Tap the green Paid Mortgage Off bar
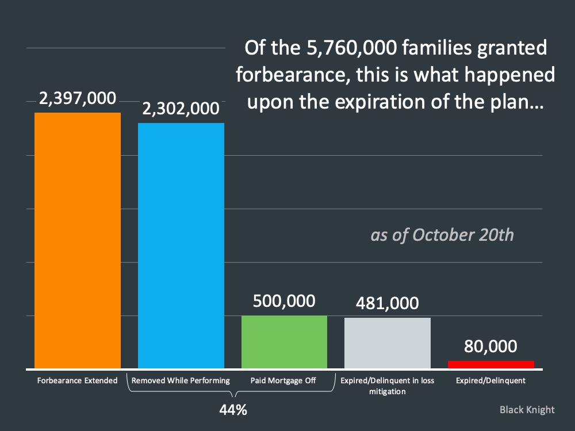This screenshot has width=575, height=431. pyautogui.click(x=284, y=342)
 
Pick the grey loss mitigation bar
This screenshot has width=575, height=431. pyautogui.click(x=388, y=343)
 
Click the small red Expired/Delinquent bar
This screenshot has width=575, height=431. pyautogui.click(x=491, y=364)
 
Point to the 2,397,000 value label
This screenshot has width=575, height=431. pyautogui.click(x=78, y=99)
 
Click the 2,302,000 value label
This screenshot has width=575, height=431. pyautogui.click(x=181, y=109)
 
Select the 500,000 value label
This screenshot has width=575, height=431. pyautogui.click(x=284, y=301)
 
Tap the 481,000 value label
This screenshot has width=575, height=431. pyautogui.click(x=388, y=303)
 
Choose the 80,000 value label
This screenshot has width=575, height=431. pyautogui.click(x=491, y=347)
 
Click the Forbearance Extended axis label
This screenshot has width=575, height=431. pyautogui.click(x=78, y=380)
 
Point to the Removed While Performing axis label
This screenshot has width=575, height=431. pyautogui.click(x=181, y=380)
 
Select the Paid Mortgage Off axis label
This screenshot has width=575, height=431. pyautogui.click(x=284, y=380)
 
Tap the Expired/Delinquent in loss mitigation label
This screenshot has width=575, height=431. pyautogui.click(x=388, y=386)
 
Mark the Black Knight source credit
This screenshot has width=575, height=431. pyautogui.click(x=527, y=410)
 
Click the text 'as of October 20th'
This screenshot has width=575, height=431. pyautogui.click(x=442, y=236)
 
